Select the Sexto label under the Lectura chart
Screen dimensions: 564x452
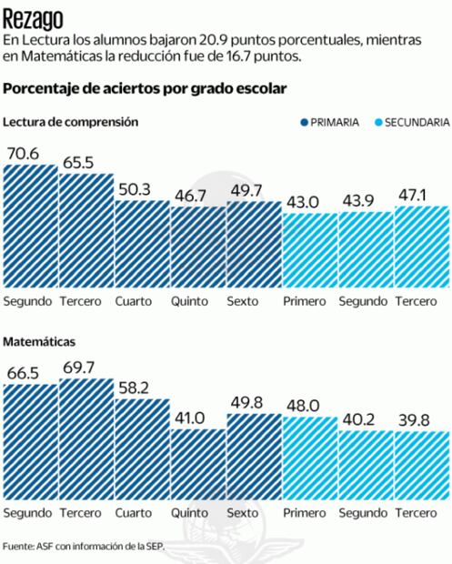click(244, 300)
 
